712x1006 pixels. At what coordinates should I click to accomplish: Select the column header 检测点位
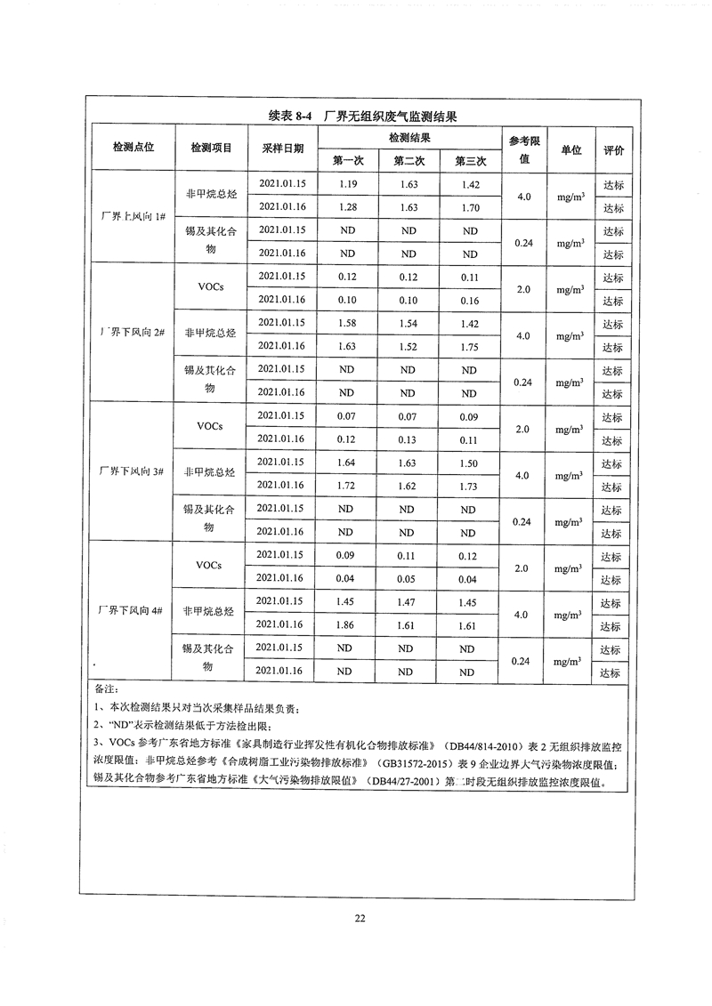pos(133,149)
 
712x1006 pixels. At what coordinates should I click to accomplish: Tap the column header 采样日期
pos(282,149)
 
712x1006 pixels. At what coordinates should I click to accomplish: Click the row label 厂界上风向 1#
pos(133,219)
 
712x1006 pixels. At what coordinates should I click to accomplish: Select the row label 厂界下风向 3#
pos(133,471)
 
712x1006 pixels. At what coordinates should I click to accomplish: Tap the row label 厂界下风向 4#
pos(133,611)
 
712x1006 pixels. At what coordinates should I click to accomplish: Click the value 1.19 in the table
pos(348,185)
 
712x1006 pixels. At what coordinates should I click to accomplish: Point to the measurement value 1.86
pos(348,624)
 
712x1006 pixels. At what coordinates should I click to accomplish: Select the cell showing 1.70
pos(468,208)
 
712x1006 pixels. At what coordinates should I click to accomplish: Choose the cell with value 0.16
pos(468,300)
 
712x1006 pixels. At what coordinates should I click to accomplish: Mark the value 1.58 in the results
pos(348,323)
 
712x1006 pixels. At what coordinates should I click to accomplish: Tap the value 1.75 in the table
pos(468,346)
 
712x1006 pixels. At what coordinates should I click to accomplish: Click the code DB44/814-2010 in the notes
pos(504,744)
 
